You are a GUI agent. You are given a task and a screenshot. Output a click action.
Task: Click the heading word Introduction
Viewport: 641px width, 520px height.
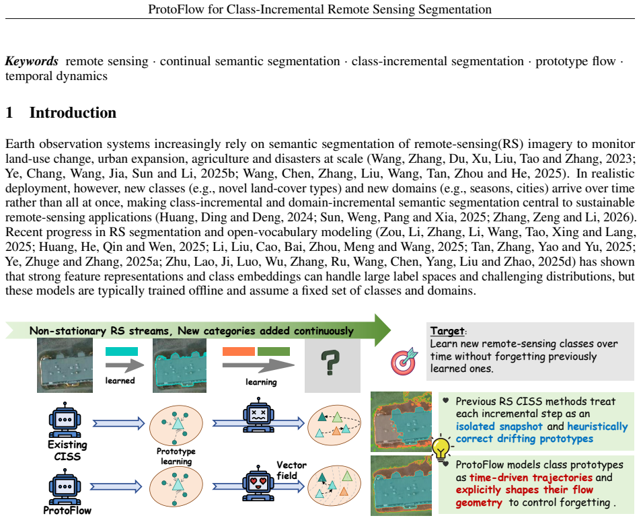click(x=73, y=113)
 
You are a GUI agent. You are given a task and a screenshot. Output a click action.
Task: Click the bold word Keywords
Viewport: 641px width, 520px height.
click(x=32, y=61)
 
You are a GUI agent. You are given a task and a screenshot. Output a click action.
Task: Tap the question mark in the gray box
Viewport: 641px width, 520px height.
click(x=331, y=363)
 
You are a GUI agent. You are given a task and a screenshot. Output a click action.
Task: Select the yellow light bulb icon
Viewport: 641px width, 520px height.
click(x=441, y=449)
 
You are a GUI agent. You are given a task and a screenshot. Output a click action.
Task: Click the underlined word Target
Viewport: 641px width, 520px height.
click(x=447, y=331)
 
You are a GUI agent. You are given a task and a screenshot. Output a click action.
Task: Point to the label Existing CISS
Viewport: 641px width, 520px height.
click(x=67, y=450)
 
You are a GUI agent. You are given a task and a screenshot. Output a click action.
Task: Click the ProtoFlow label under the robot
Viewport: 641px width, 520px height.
click(x=67, y=510)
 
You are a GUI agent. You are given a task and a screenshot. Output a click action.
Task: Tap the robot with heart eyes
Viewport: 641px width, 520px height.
click(x=258, y=483)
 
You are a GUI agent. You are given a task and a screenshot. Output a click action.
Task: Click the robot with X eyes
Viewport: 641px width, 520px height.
click(x=258, y=414)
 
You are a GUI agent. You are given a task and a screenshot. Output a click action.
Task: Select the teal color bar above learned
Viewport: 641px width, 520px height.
click(x=122, y=352)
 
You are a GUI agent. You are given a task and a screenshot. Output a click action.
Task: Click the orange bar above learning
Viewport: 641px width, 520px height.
click(x=239, y=352)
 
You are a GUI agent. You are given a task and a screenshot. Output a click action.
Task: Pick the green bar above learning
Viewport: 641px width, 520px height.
click(x=274, y=352)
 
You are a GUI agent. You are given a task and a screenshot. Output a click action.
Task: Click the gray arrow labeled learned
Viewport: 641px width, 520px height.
click(x=124, y=365)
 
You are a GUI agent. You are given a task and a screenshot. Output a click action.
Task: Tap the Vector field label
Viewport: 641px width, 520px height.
click(x=291, y=470)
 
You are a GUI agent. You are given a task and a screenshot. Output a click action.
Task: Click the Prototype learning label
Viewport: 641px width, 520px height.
click(x=176, y=456)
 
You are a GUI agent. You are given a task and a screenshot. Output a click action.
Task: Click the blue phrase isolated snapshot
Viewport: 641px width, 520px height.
click(x=499, y=426)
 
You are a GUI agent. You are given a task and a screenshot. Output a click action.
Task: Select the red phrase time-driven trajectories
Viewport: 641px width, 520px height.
click(x=531, y=478)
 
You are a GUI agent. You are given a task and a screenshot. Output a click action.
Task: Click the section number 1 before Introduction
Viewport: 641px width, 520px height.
click(x=9, y=113)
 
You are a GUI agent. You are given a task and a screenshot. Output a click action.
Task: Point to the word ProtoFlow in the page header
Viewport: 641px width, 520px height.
click(x=176, y=9)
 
